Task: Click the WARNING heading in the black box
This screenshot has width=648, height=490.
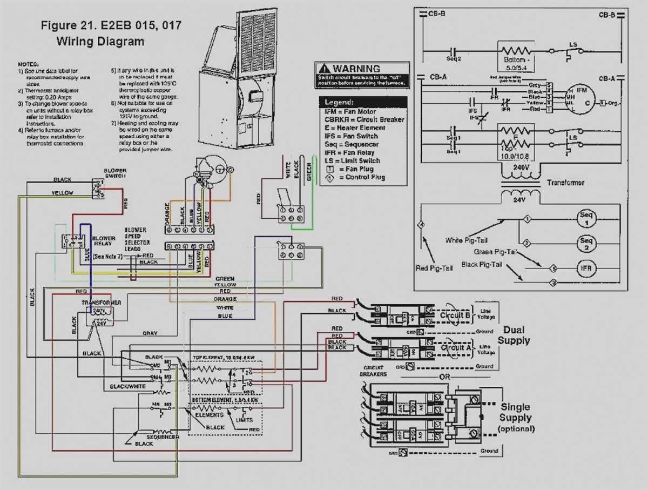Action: tap(356, 69)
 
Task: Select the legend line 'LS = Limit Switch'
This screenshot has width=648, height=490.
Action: tap(352, 160)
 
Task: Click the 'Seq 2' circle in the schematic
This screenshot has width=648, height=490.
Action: tap(586, 244)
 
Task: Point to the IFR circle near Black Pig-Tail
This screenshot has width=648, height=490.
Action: tap(586, 268)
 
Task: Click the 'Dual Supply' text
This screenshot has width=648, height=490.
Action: tap(514, 335)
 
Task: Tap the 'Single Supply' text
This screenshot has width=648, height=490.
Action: tap(515, 412)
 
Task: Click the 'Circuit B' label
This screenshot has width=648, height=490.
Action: tap(455, 316)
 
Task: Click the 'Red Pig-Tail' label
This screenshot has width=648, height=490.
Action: tap(429, 267)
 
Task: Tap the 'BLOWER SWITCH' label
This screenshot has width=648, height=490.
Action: tap(115, 173)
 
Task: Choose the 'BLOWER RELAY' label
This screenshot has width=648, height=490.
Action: tap(104, 241)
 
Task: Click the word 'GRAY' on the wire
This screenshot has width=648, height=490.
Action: tap(150, 333)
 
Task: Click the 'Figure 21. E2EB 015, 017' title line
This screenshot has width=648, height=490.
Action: tap(111, 25)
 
